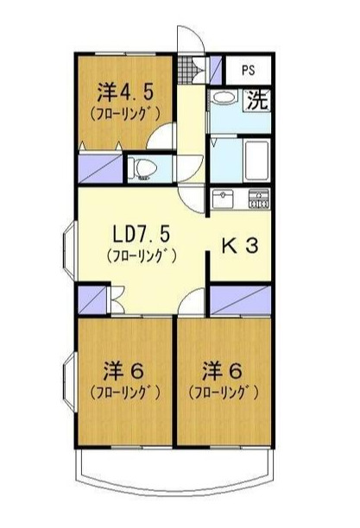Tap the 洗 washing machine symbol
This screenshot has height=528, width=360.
(x=256, y=99)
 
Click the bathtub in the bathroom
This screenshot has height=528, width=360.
(x=256, y=158)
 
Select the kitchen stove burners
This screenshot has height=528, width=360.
(x=259, y=199)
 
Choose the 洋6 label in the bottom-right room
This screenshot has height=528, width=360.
(x=222, y=373)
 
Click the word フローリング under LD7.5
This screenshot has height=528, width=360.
(x=141, y=256)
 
